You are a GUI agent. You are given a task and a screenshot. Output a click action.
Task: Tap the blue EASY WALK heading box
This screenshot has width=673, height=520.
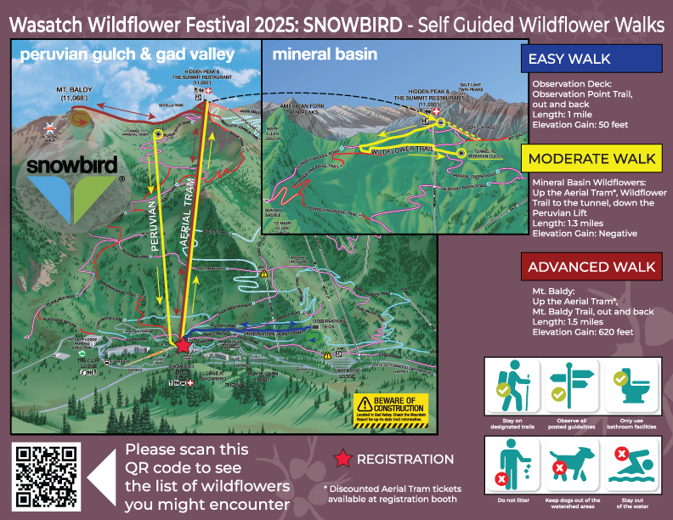591,59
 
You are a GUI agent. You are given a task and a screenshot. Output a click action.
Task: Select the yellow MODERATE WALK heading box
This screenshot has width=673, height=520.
591,158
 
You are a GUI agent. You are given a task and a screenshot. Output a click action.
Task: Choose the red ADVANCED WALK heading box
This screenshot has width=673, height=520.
591,267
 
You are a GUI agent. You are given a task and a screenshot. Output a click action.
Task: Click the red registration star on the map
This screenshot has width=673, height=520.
182,345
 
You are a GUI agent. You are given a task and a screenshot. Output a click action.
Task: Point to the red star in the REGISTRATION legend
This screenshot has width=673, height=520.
342,459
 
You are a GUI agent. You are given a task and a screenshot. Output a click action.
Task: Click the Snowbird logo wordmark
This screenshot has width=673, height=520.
75,165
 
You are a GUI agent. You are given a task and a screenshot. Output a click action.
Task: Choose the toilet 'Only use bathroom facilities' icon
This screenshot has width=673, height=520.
629,387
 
